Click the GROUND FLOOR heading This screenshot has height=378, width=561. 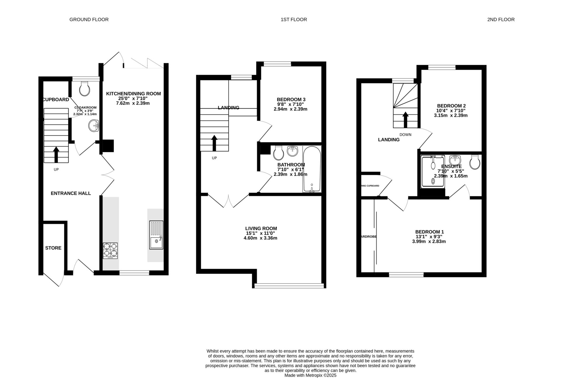click(x=89, y=20)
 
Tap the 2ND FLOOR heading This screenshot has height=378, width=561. click(x=501, y=20)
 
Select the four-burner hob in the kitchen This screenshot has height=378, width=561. click(x=110, y=250)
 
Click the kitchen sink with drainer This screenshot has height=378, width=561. click(x=156, y=235)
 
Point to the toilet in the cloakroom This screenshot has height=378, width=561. click(x=84, y=88)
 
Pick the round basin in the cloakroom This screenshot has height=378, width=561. click(x=94, y=126)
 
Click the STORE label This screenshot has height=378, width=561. click(x=53, y=248)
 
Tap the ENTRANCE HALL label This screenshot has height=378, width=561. click(x=71, y=193)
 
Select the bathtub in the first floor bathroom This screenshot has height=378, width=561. click(x=312, y=169)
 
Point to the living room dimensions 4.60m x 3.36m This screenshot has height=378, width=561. click(x=260, y=238)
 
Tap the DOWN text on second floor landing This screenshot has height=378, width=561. click(x=405, y=135)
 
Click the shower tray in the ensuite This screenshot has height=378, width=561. click(x=433, y=171)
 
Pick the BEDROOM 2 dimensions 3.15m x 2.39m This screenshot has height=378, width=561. click(x=451, y=115)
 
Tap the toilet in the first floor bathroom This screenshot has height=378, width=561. click(x=278, y=153)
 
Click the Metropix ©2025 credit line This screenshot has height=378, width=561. click(x=310, y=375)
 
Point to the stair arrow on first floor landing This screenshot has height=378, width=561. click(x=214, y=143)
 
